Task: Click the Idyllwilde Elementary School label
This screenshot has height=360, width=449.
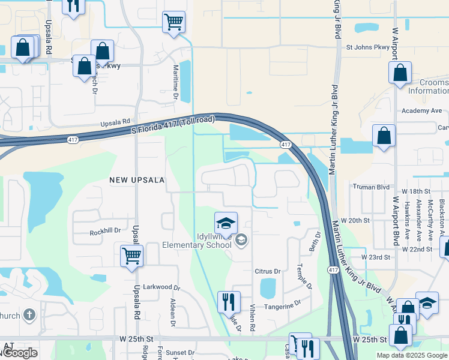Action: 196,241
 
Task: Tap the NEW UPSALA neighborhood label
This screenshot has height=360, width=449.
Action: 136,179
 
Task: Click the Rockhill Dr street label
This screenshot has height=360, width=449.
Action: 105,231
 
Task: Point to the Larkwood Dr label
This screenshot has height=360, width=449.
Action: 161,288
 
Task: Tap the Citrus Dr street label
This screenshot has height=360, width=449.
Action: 268,271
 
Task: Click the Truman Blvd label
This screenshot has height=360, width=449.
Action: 372,187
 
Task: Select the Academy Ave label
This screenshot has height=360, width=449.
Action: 421,111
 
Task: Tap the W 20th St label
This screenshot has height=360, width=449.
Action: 355,220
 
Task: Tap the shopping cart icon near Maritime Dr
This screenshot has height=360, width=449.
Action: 173,22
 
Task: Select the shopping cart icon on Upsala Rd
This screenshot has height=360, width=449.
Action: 131,256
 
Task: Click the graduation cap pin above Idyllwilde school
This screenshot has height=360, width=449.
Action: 226,224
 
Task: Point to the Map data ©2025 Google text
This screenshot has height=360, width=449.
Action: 412,355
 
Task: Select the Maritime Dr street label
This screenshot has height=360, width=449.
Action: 176,83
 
